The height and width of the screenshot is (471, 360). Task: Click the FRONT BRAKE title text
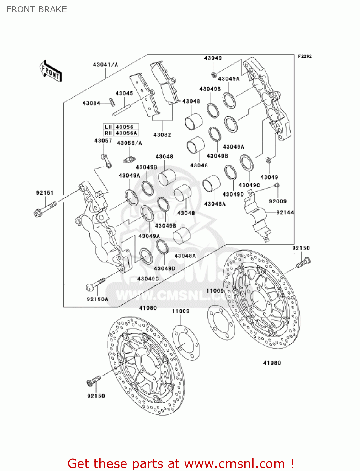(37, 9)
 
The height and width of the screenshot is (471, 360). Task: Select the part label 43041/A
(105, 65)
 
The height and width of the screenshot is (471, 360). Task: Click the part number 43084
(91, 103)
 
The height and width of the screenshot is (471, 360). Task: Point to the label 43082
(162, 135)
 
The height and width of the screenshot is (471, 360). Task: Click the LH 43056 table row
(121, 127)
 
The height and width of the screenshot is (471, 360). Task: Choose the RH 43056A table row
(121, 133)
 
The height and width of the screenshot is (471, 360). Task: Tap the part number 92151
(45, 193)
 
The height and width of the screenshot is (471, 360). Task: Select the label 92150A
(97, 299)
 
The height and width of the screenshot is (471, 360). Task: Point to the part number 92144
(285, 213)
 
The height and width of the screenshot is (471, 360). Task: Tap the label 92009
(278, 201)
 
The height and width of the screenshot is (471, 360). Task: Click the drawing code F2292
(305, 56)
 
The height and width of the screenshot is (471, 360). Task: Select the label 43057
(103, 141)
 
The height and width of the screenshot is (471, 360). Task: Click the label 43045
(124, 93)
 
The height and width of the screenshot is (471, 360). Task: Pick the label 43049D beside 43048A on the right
(233, 194)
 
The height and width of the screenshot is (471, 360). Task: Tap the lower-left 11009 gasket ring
(186, 343)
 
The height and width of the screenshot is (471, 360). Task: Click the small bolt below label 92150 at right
(303, 263)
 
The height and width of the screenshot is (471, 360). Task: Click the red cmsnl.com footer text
(180, 463)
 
